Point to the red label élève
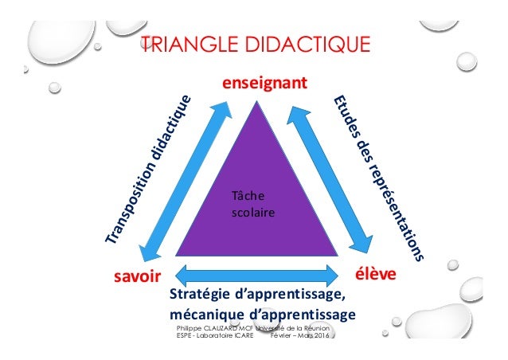(376, 275)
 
